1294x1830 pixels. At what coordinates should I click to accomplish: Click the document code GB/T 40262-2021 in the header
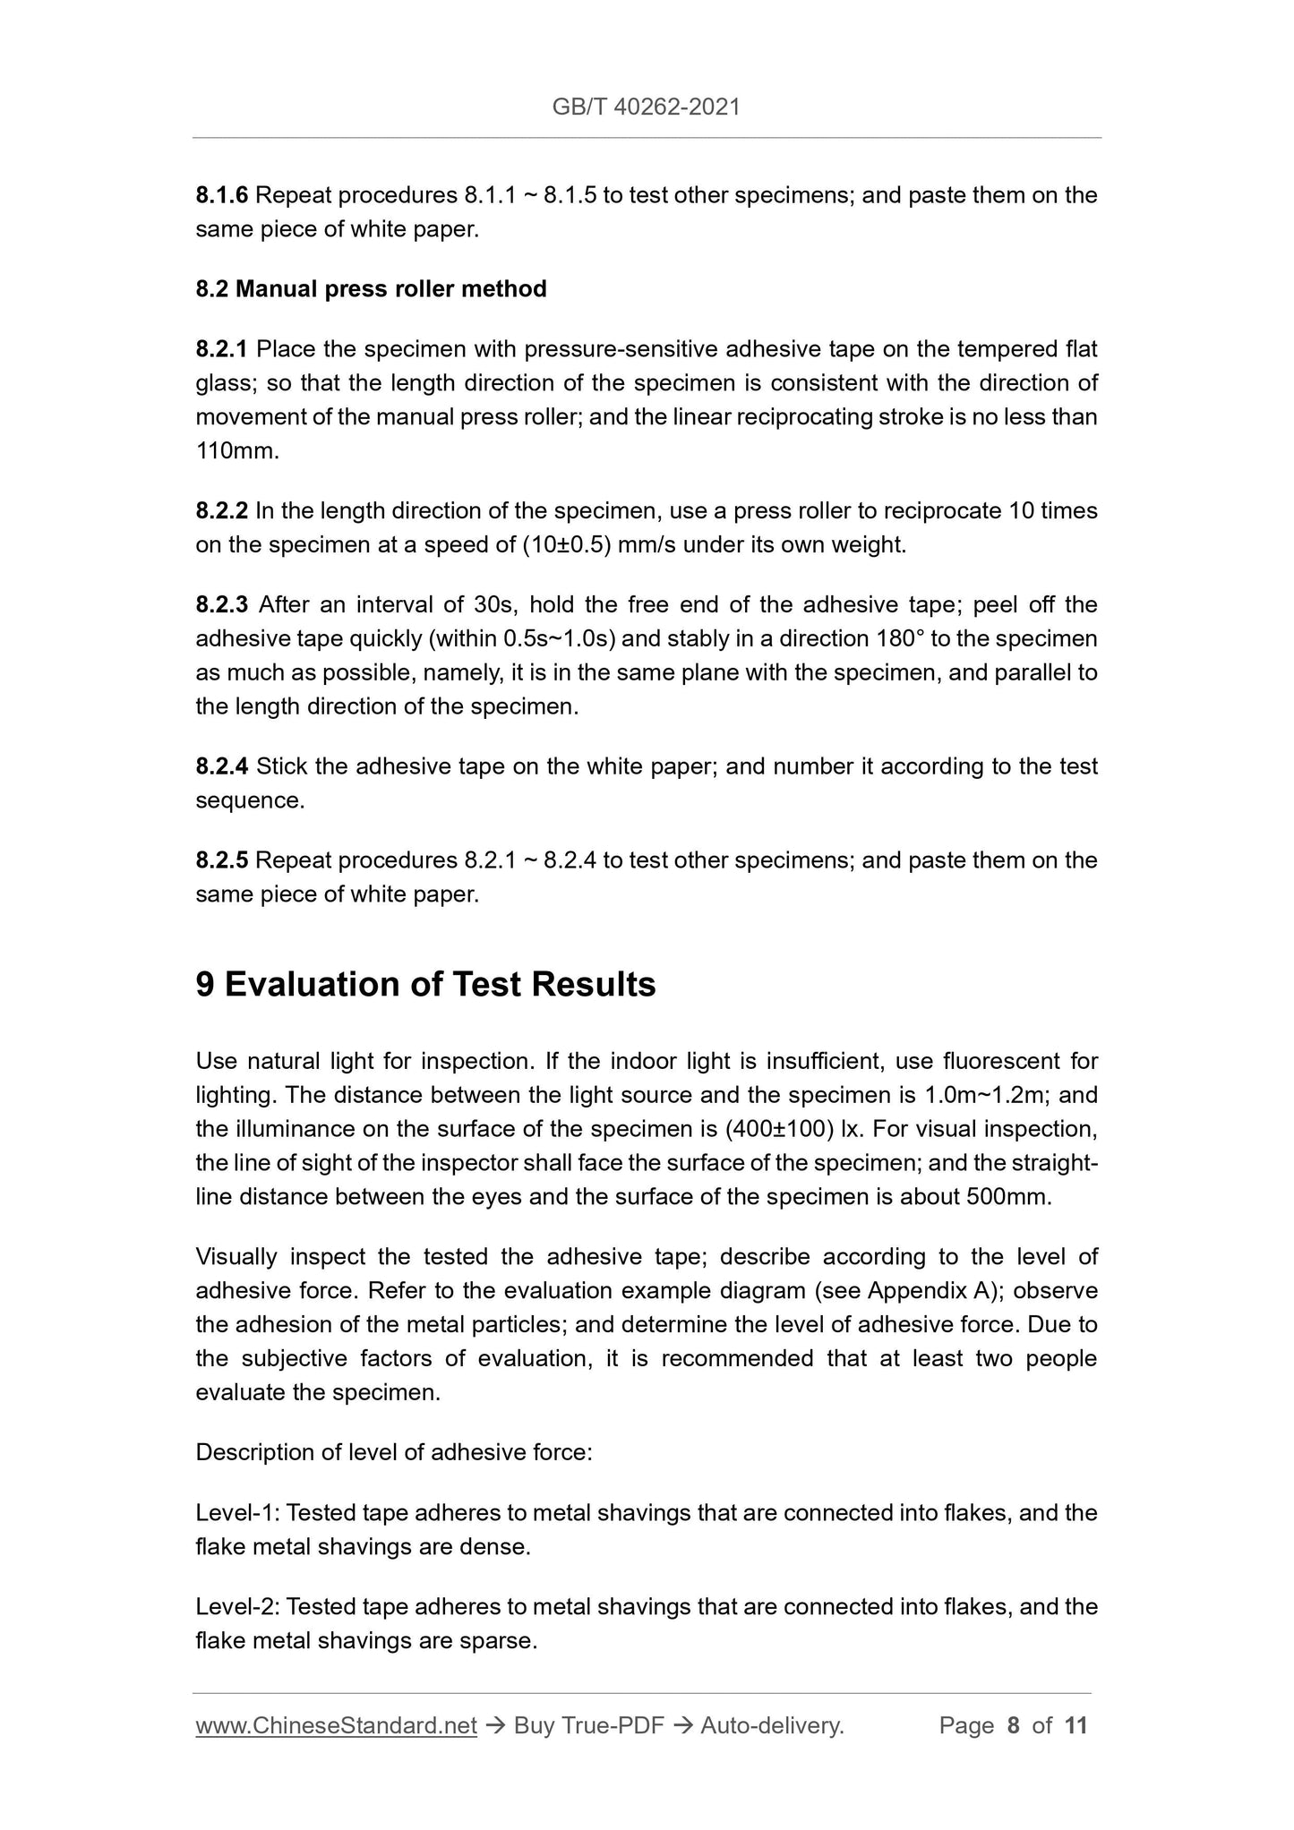(646, 107)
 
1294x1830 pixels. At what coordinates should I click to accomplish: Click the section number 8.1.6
(221, 195)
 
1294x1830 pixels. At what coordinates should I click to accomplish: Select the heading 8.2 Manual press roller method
(371, 289)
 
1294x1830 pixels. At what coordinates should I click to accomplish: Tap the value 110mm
(237, 451)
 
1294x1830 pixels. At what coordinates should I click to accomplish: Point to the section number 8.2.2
(221, 511)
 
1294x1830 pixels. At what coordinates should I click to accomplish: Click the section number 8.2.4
(221, 766)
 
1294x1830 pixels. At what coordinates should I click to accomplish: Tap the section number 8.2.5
(221, 860)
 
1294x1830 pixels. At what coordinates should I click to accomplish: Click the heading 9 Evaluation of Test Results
(425, 985)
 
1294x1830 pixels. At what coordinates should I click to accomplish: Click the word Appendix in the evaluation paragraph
(914, 1291)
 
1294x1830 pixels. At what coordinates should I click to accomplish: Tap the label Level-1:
(238, 1513)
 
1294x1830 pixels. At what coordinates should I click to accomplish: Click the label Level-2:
(238, 1607)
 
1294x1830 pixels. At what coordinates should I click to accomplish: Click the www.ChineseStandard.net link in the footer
(336, 1726)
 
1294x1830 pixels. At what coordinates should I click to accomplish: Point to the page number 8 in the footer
(1013, 1726)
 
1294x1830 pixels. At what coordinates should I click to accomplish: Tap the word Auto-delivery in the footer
(771, 1726)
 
